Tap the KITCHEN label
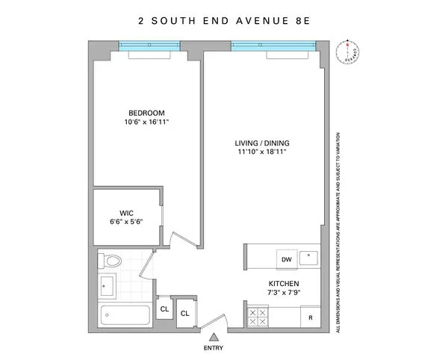click(x=284, y=284)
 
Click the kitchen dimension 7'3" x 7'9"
click(x=284, y=294)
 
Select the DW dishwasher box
click(x=286, y=260)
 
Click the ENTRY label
click(x=214, y=347)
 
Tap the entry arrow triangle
click(x=214, y=336)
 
